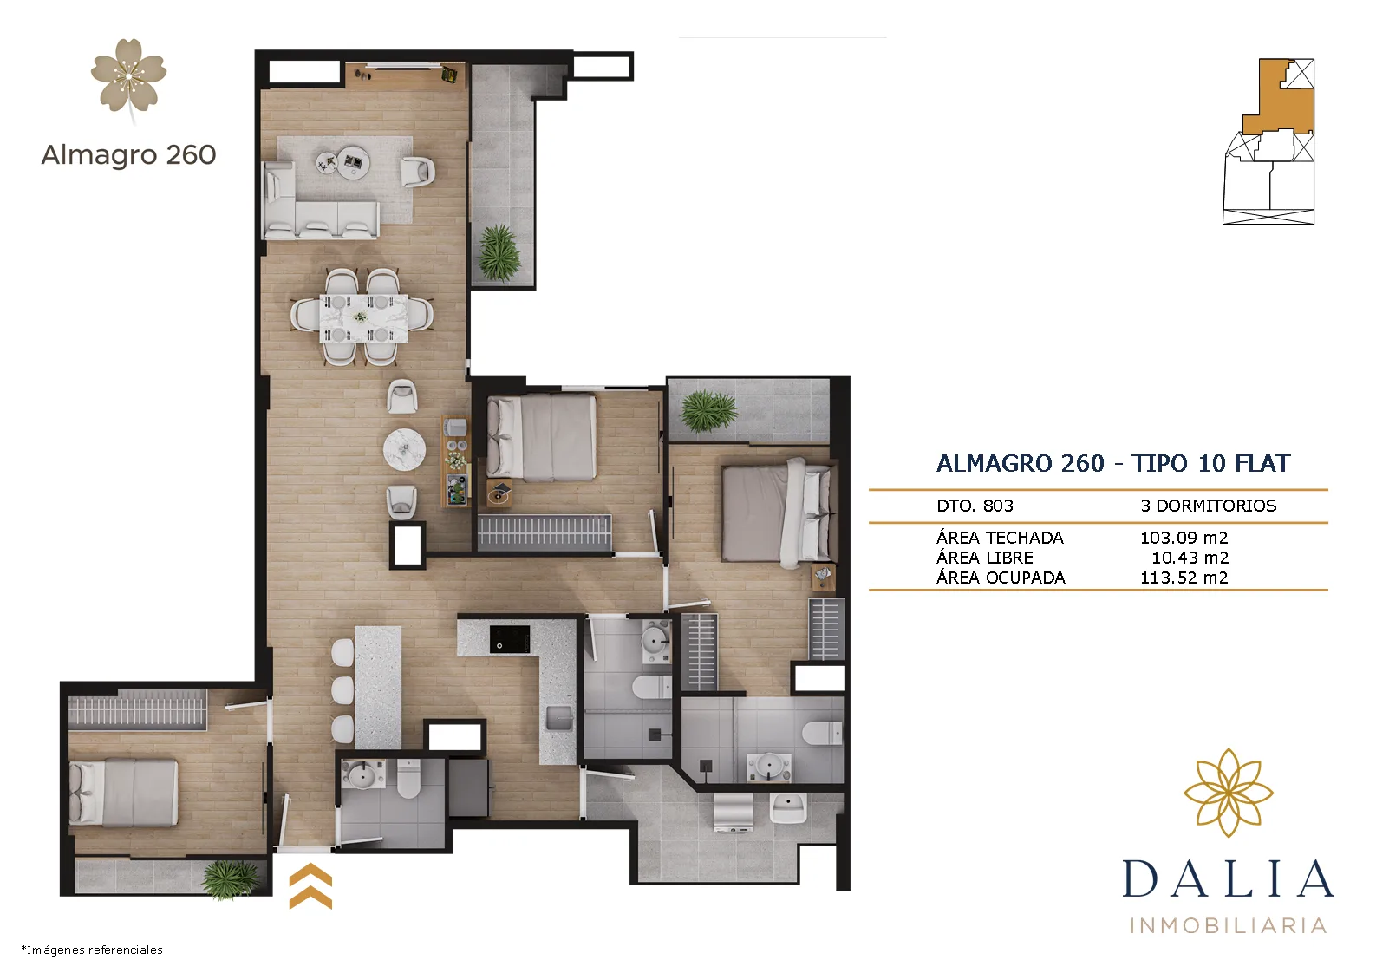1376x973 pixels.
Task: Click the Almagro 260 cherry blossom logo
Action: [129, 79]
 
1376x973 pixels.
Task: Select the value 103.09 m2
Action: [1184, 538]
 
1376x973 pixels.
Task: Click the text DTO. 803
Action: [975, 506]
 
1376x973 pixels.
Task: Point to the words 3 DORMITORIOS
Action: [1209, 506]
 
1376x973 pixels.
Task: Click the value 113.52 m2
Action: [1184, 578]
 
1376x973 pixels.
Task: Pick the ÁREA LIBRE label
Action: [985, 558]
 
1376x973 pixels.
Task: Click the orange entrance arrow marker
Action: [310, 885]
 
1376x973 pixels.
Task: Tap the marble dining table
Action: [363, 318]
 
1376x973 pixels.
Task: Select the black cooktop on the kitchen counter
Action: [510, 639]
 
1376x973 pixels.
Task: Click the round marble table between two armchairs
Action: [404, 449]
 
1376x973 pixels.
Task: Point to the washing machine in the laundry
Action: [734, 812]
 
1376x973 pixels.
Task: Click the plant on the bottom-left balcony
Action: [232, 878]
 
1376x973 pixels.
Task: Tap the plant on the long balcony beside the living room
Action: [499, 251]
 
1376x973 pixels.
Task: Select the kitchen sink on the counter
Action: [559, 718]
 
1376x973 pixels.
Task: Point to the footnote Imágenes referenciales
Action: [92, 950]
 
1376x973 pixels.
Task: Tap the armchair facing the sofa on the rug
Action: [418, 172]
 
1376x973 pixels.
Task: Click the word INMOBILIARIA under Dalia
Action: [1228, 925]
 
